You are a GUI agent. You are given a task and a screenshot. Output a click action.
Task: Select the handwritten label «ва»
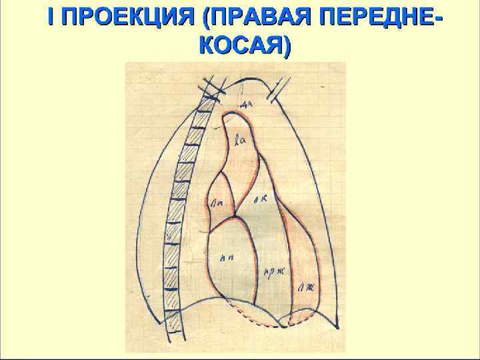[x=241, y=139]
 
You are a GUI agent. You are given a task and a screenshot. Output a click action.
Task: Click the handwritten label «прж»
[x=270, y=271]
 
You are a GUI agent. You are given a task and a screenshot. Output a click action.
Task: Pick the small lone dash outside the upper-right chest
[x=323, y=87]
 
